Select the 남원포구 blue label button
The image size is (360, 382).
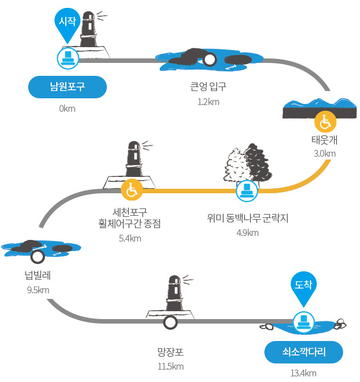pyautogui.click(x=67, y=87)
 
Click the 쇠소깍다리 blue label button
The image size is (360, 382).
pyautogui.click(x=304, y=352)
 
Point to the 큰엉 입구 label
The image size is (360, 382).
pyautogui.click(x=208, y=87)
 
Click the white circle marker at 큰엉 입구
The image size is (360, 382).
pyautogui.click(x=209, y=60)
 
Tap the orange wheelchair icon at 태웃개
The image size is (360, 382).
pyautogui.click(x=325, y=121)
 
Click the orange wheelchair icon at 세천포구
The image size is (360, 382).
pyautogui.click(x=132, y=190)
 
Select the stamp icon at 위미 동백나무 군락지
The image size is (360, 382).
pyautogui.click(x=247, y=191)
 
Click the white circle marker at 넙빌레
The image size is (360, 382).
pyautogui.click(x=38, y=257)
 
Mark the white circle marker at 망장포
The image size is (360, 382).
pyautogui.click(x=170, y=322)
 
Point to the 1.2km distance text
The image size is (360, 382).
pyautogui.click(x=208, y=102)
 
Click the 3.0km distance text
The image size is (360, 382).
pyautogui.click(x=325, y=153)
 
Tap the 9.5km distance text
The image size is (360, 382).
pyautogui.click(x=38, y=290)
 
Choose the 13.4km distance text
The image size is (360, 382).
pyautogui.click(x=303, y=373)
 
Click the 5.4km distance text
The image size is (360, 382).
pyautogui.click(x=130, y=238)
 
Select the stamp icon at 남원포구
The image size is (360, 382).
pyautogui.click(x=68, y=58)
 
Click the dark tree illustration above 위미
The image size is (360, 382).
pyautogui.click(x=258, y=163)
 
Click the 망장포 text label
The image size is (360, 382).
pyautogui.click(x=170, y=352)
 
